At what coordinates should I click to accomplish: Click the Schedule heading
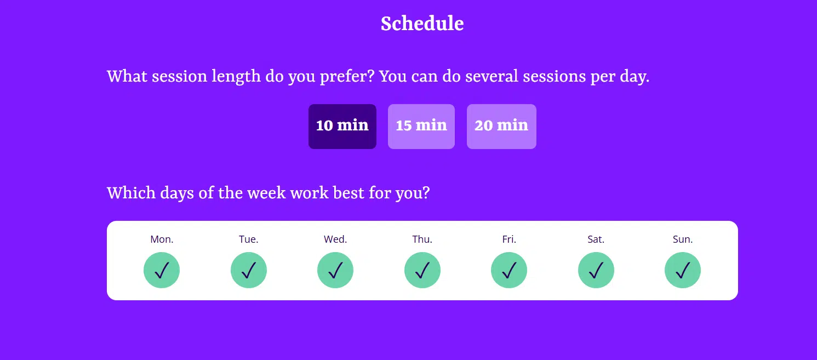click(x=422, y=24)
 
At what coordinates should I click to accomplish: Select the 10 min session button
click(x=342, y=126)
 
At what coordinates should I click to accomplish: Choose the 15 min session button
click(x=421, y=126)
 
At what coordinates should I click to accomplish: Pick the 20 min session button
click(x=501, y=126)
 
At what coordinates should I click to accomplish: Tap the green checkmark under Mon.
click(x=162, y=270)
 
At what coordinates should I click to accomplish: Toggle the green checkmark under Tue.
click(x=249, y=270)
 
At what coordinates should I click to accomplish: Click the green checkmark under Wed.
click(x=335, y=270)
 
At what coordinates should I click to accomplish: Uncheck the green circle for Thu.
click(x=422, y=270)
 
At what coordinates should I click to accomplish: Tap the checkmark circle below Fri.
click(x=509, y=270)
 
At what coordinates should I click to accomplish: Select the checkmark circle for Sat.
click(x=596, y=270)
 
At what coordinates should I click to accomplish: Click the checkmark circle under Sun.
click(x=682, y=270)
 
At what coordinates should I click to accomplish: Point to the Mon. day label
click(x=162, y=239)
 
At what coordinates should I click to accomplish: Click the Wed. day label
click(x=335, y=239)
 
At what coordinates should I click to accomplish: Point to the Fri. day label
click(x=509, y=239)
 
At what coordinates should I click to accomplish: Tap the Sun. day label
click(x=682, y=239)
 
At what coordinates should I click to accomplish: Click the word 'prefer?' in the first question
click(x=347, y=77)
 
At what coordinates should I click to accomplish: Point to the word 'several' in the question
click(x=492, y=77)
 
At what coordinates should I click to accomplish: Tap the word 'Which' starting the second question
click(x=131, y=193)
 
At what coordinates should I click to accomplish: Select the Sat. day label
click(x=596, y=239)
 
